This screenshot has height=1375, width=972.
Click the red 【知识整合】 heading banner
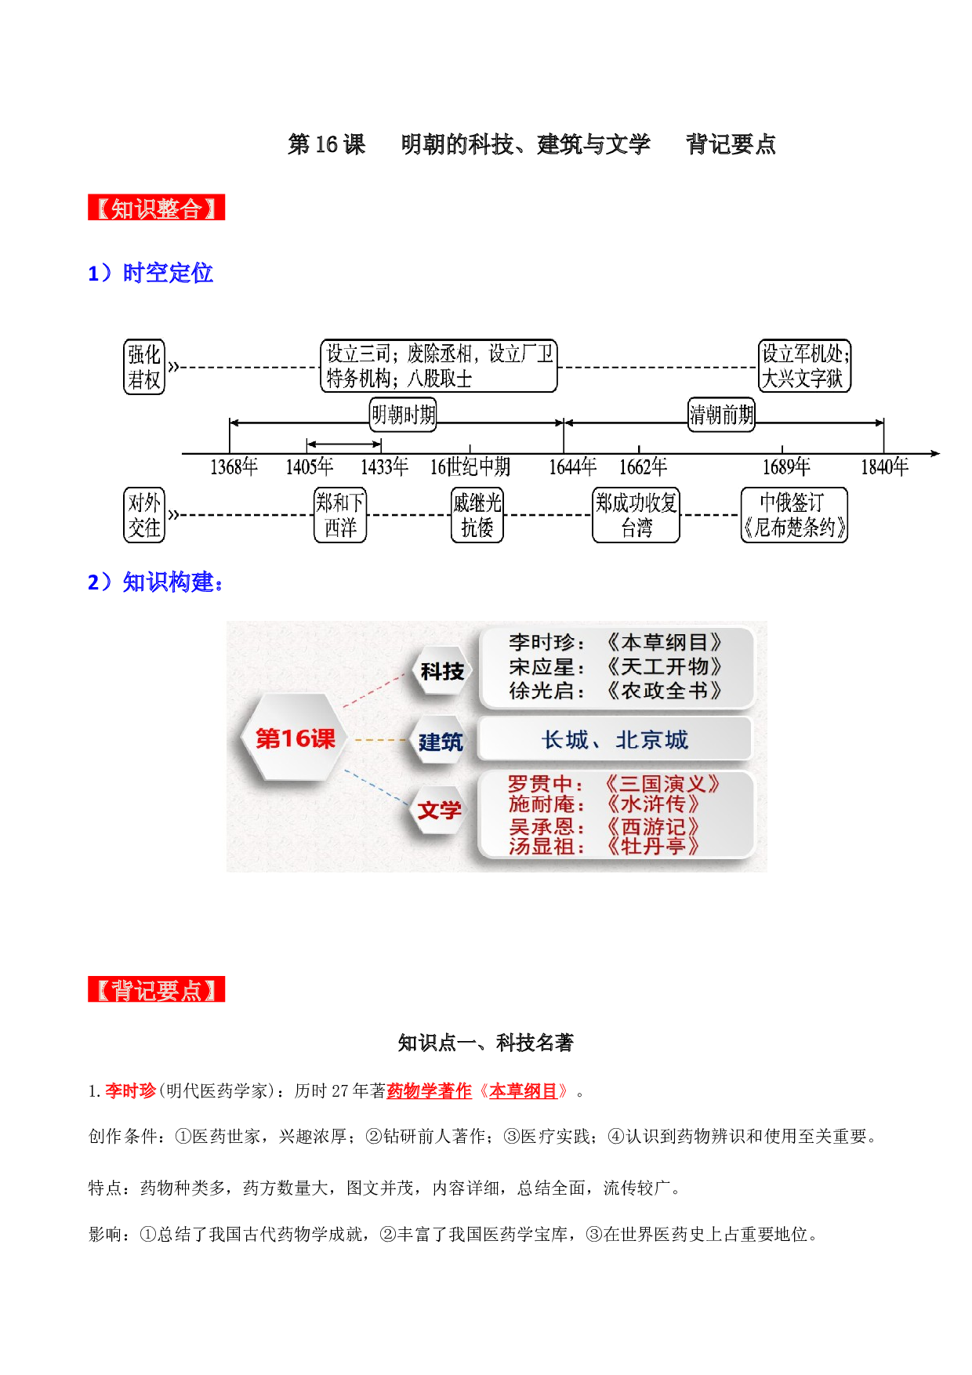point(156,208)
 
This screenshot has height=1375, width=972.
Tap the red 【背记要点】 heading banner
point(156,989)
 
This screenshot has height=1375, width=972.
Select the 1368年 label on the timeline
point(234,467)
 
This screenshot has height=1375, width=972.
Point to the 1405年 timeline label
point(309,467)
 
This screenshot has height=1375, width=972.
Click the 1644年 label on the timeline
point(572,467)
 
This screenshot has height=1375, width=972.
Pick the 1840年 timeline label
point(884,467)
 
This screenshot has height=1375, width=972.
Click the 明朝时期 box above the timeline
point(403,414)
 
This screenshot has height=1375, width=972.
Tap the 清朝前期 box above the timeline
point(721,414)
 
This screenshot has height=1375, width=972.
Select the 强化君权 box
point(144,367)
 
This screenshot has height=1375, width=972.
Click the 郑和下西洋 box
point(340,515)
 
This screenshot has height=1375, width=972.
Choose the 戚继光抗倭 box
point(477,515)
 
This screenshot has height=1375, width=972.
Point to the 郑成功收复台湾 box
point(636,515)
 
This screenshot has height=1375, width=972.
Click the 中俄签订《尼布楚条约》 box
point(794,515)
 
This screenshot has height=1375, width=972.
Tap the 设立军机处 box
point(804,366)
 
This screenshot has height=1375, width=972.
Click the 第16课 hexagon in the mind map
point(295,738)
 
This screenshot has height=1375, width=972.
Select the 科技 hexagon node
point(442,671)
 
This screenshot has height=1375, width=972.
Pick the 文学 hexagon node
point(439,810)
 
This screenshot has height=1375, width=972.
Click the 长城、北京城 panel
point(615,739)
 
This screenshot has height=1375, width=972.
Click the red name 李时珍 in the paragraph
point(131,1090)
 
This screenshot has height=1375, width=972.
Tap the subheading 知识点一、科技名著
point(486,1043)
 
